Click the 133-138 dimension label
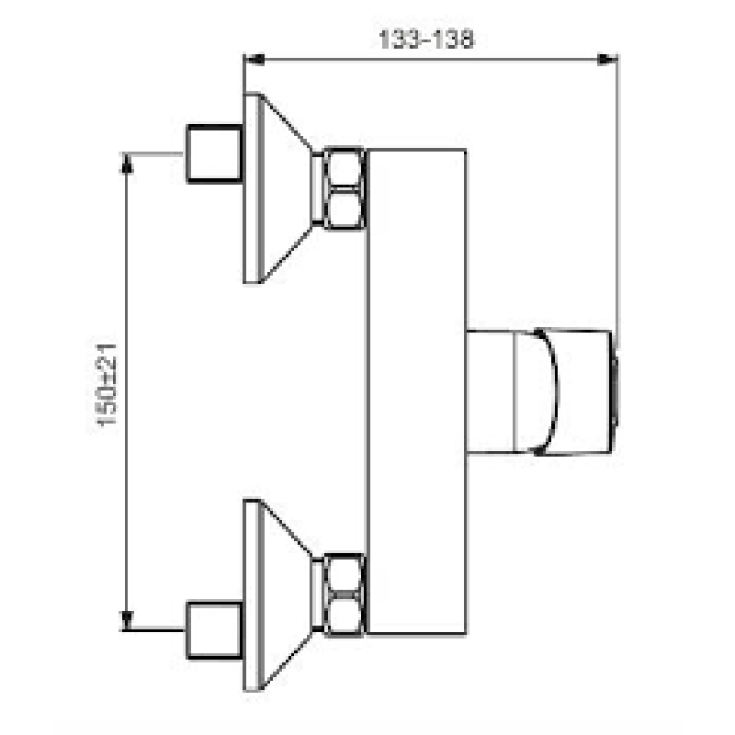(425, 40)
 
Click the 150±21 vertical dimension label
(107, 384)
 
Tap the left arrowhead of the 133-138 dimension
(254, 60)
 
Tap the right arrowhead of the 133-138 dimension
(607, 60)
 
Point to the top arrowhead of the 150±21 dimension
(127, 164)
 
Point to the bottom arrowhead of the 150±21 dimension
(127, 620)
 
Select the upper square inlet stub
(214, 153)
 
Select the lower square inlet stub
(214, 630)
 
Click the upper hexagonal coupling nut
(344, 188)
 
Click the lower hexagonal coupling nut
(344, 594)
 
